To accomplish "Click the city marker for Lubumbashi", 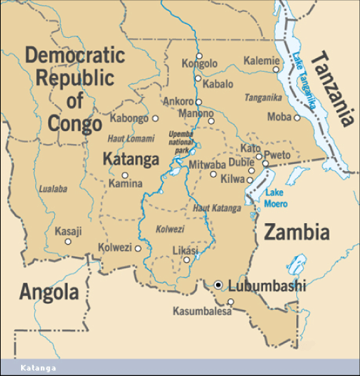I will coord(219,285).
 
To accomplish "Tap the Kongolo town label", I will coord(199,64).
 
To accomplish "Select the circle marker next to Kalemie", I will coord(276,69).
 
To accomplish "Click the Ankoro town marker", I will coord(199,102).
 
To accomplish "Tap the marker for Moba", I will coord(298,117).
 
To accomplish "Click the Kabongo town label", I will coord(129,119).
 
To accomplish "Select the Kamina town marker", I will coord(125,175).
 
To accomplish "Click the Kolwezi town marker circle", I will coord(138,248).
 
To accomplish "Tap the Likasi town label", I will coord(185,250).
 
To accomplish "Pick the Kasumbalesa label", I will coord(201,311).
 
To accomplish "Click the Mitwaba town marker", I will coord(213,174).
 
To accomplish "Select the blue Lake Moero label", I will coord(276,198).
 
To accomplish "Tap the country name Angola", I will coord(48,291).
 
